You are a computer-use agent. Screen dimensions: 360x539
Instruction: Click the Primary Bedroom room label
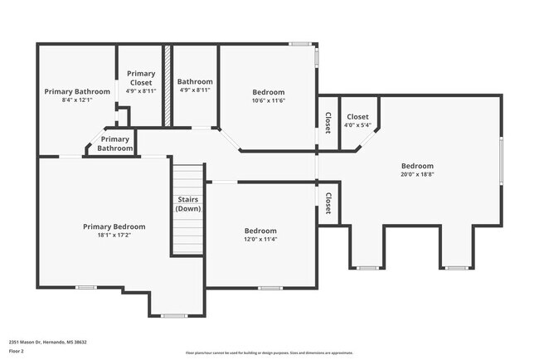[114, 226]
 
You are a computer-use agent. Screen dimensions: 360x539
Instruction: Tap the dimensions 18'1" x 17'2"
[114, 236]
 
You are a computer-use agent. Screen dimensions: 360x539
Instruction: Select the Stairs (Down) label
[188, 204]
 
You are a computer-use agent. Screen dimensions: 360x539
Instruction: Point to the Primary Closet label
[141, 78]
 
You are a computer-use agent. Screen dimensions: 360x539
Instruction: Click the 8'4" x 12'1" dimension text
[77, 100]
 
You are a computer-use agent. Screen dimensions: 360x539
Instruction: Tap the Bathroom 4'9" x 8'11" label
[196, 85]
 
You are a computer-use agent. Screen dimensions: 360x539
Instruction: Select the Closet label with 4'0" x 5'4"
[357, 121]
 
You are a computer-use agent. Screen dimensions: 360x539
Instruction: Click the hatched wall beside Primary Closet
[167, 86]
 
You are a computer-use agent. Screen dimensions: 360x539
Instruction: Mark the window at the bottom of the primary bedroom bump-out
[174, 315]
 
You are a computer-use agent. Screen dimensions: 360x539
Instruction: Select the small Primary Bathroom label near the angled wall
[115, 144]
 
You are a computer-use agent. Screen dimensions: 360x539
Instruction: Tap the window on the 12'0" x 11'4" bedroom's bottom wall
[269, 288]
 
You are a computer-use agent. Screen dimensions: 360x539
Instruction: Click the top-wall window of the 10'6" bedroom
[300, 44]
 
